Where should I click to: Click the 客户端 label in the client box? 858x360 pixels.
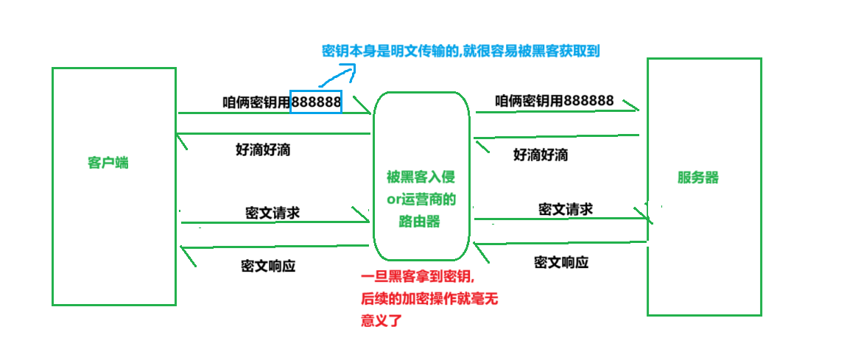108,163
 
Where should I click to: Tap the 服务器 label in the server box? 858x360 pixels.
697,177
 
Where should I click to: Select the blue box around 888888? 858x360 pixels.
316,102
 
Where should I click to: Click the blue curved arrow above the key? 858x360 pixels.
340,74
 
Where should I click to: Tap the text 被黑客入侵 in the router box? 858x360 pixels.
421,177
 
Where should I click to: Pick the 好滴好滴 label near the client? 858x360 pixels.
263,150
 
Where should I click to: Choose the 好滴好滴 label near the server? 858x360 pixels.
541,155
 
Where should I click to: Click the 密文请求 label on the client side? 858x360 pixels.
272,213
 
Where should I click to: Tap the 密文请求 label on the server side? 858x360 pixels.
566,209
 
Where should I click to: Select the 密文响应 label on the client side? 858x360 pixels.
268,266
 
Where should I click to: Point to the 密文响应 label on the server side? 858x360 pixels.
561,262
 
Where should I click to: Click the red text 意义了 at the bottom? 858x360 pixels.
381,321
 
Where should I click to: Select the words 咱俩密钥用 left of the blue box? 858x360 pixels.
256,102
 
